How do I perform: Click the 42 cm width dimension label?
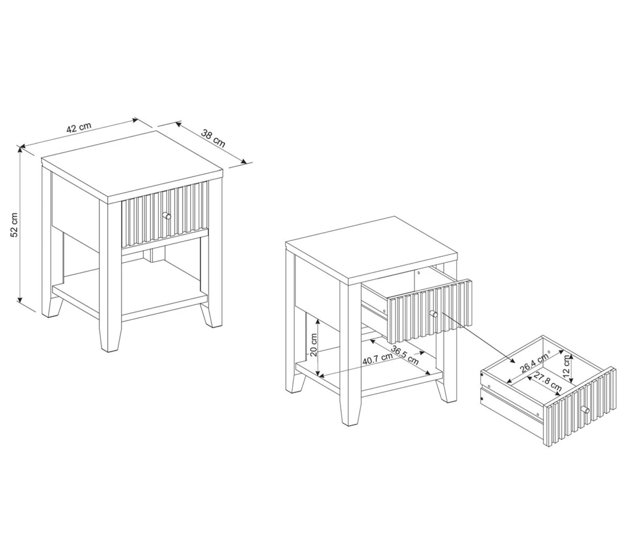tap(79, 128)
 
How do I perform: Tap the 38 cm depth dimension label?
tap(213, 138)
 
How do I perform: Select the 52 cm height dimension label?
tap(15, 225)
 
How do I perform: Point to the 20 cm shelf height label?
tap(313, 345)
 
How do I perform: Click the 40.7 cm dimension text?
tap(377, 359)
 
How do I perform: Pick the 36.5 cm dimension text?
tap(405, 355)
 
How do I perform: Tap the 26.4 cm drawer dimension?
tap(534, 363)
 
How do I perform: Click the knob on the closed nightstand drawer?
tap(167, 215)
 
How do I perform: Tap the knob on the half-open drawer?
tap(434, 314)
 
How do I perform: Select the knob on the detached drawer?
tap(585, 409)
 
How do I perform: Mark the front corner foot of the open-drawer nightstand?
tap(351, 414)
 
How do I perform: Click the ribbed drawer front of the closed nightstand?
tap(165, 214)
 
